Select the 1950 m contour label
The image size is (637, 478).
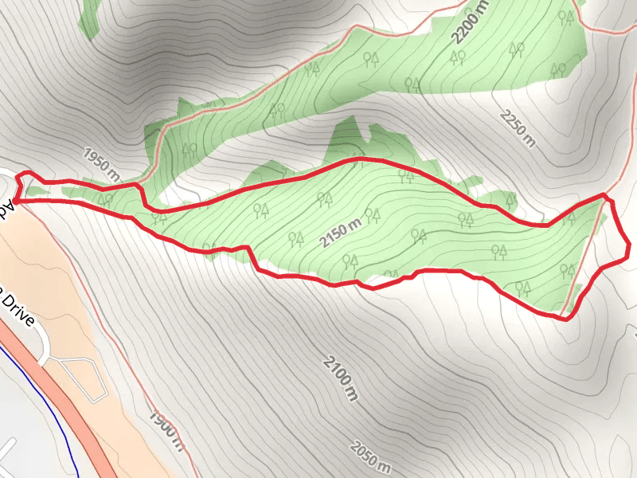101,163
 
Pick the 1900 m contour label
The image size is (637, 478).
166,430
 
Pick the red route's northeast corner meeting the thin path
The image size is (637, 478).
604,195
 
